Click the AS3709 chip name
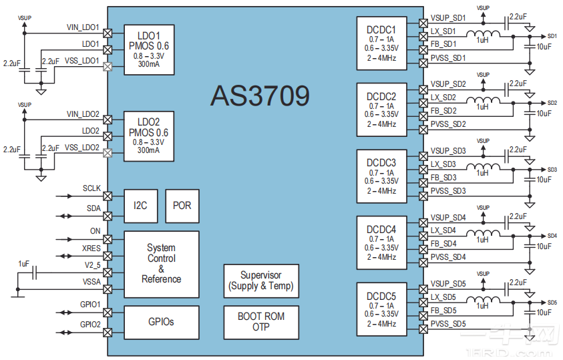260,96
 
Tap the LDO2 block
148,136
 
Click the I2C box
140,206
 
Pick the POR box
182,206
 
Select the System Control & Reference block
161,264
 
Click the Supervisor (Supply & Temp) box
260,281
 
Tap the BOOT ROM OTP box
260,321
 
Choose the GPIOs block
161,322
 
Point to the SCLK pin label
91,189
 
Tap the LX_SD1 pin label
443,31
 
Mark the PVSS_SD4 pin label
448,256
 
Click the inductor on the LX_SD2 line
482,102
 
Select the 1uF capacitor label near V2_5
24,264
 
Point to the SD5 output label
552,303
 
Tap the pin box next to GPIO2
108,332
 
